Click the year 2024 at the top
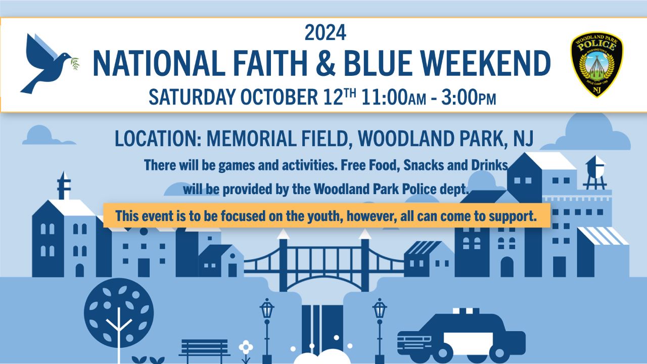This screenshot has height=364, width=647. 325,33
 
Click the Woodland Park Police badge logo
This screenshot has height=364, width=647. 597,64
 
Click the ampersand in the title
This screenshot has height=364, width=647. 326,63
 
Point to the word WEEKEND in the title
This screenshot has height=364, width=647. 486,63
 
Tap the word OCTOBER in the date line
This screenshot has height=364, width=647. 279,97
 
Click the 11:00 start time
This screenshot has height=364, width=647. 385,97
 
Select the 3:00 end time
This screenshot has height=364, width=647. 459,97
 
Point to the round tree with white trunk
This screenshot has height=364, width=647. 119,318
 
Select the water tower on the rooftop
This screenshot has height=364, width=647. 594,172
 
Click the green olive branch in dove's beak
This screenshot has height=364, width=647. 74,64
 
